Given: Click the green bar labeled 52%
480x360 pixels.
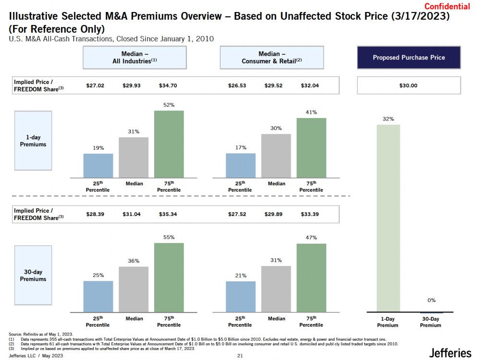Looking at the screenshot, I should click(x=169, y=144).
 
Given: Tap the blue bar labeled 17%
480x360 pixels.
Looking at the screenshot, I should click(x=240, y=166).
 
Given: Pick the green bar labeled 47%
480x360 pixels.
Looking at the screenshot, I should click(x=311, y=278).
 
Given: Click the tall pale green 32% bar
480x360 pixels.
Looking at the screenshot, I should click(x=388, y=218).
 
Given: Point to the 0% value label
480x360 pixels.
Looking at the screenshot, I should click(x=431, y=300).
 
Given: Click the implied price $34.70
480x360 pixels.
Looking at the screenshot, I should click(x=168, y=85).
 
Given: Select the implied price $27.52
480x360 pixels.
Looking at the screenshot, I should click(x=237, y=214).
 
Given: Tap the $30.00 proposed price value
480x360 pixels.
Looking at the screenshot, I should click(x=408, y=85).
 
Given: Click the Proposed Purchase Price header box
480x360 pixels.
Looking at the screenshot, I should click(x=409, y=58).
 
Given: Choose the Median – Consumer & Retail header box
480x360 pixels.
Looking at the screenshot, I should click(x=271, y=58).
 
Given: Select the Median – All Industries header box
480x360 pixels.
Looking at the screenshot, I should click(x=135, y=58).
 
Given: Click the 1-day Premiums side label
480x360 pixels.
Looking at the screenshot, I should click(x=33, y=141).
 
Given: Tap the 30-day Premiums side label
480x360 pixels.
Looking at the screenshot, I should click(x=33, y=275).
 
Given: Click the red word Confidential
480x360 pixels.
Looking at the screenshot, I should click(x=447, y=6).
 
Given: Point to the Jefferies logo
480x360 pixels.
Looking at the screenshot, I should click(x=450, y=353).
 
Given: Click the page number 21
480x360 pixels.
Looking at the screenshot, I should click(x=240, y=356).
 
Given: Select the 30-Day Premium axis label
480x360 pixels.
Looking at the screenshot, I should click(x=431, y=322).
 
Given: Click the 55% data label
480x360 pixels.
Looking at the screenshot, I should click(x=169, y=237).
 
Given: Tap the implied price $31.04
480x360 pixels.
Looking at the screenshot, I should click(x=132, y=214).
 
